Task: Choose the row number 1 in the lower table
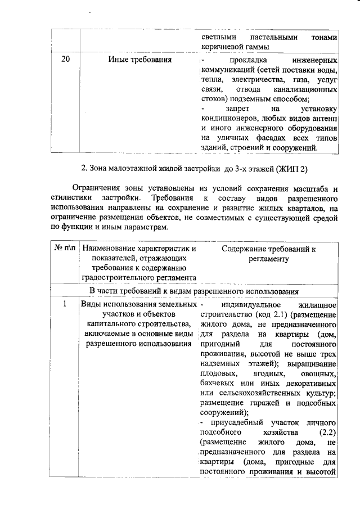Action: pyautogui.click(x=65, y=304)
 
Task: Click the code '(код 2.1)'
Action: pyautogui.click(x=273, y=314)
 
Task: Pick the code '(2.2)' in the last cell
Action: pyautogui.click(x=327, y=433)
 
